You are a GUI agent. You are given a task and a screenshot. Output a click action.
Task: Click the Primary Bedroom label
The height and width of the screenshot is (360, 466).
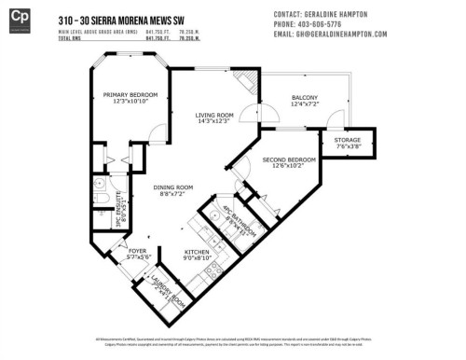130,98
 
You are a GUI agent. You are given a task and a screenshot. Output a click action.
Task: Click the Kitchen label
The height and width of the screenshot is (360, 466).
198,255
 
